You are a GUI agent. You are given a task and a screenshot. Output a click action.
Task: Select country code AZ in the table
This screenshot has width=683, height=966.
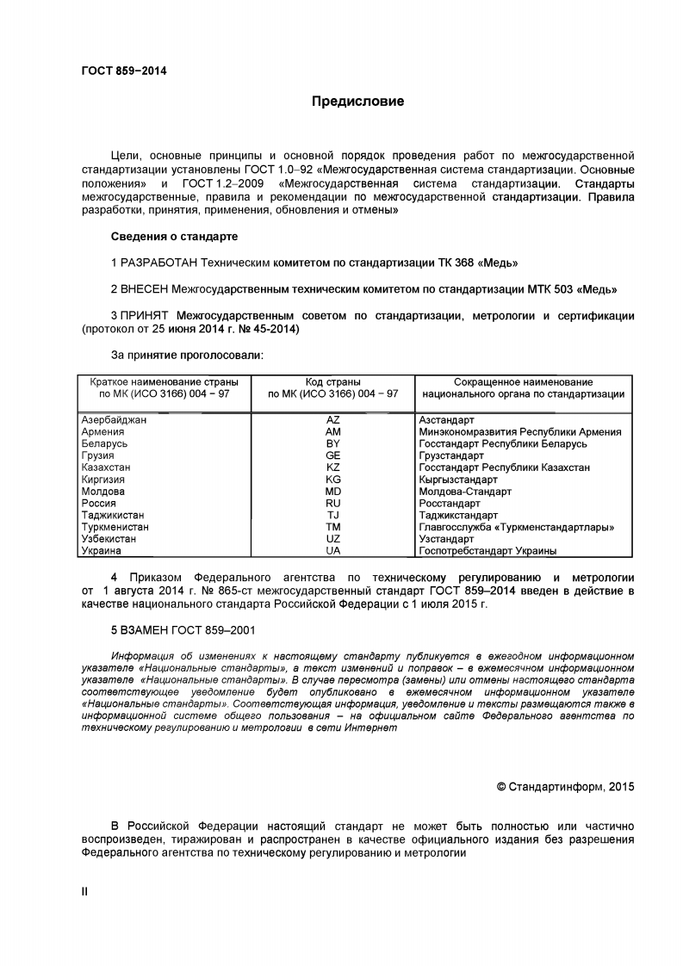[333, 419]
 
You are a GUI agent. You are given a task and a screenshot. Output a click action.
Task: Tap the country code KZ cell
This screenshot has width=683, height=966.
[333, 468]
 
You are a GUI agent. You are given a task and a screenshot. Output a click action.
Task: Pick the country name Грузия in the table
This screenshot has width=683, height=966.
[97, 455]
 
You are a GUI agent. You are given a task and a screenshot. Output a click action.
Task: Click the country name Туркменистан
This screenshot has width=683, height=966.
[115, 526]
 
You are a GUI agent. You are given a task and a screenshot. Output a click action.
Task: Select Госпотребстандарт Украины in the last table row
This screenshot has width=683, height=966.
[487, 550]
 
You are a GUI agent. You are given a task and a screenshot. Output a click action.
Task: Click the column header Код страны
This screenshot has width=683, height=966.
[333, 381]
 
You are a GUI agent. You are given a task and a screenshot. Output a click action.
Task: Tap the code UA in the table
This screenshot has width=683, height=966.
[333, 550]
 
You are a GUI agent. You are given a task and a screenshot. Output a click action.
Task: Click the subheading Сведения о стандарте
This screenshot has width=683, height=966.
[175, 236]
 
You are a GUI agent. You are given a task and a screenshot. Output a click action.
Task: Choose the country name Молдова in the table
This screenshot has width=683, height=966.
[102, 491]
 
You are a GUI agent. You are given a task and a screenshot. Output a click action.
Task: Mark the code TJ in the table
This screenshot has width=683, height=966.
[333, 515]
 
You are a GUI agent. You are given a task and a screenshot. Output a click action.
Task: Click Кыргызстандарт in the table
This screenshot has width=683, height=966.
[458, 480]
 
